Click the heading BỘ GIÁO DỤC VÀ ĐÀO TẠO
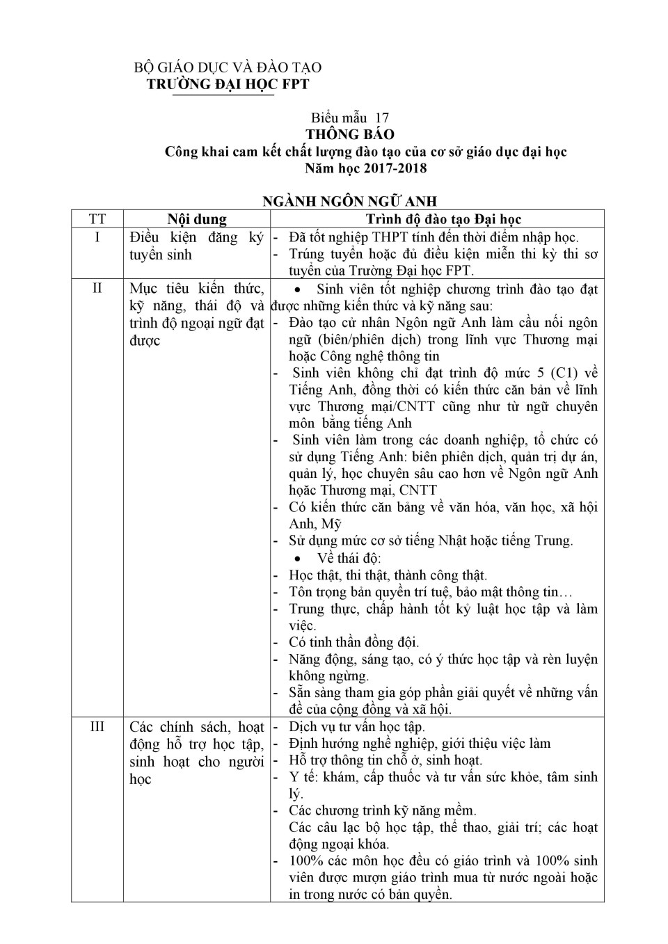pyautogui.click(x=228, y=67)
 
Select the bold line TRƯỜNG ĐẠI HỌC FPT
pyautogui.click(x=228, y=84)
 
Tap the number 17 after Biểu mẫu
pyautogui.click(x=382, y=118)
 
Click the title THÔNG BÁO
pyautogui.click(x=350, y=134)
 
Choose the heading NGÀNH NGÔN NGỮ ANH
pyautogui.click(x=349, y=202)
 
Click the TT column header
pyautogui.click(x=97, y=219)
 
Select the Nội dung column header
pyautogui.click(x=197, y=219)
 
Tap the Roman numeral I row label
pyautogui.click(x=97, y=237)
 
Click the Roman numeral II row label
pyautogui.click(x=97, y=288)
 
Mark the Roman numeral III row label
pyautogui.click(x=97, y=727)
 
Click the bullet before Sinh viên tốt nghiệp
pyautogui.click(x=299, y=289)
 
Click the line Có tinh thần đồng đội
pyautogui.click(x=354, y=642)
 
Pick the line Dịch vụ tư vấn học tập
pyautogui.click(x=357, y=727)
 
